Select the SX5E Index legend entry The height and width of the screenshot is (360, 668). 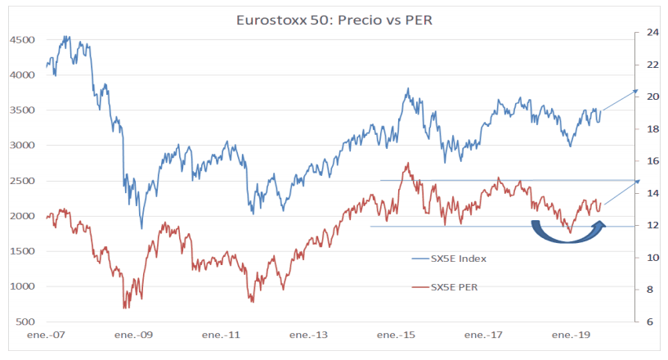pos(459,259)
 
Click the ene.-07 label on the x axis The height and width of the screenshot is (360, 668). pos(47,336)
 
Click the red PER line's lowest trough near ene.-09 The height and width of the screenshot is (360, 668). pos(125,307)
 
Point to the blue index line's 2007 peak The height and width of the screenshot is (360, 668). pos(66,37)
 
